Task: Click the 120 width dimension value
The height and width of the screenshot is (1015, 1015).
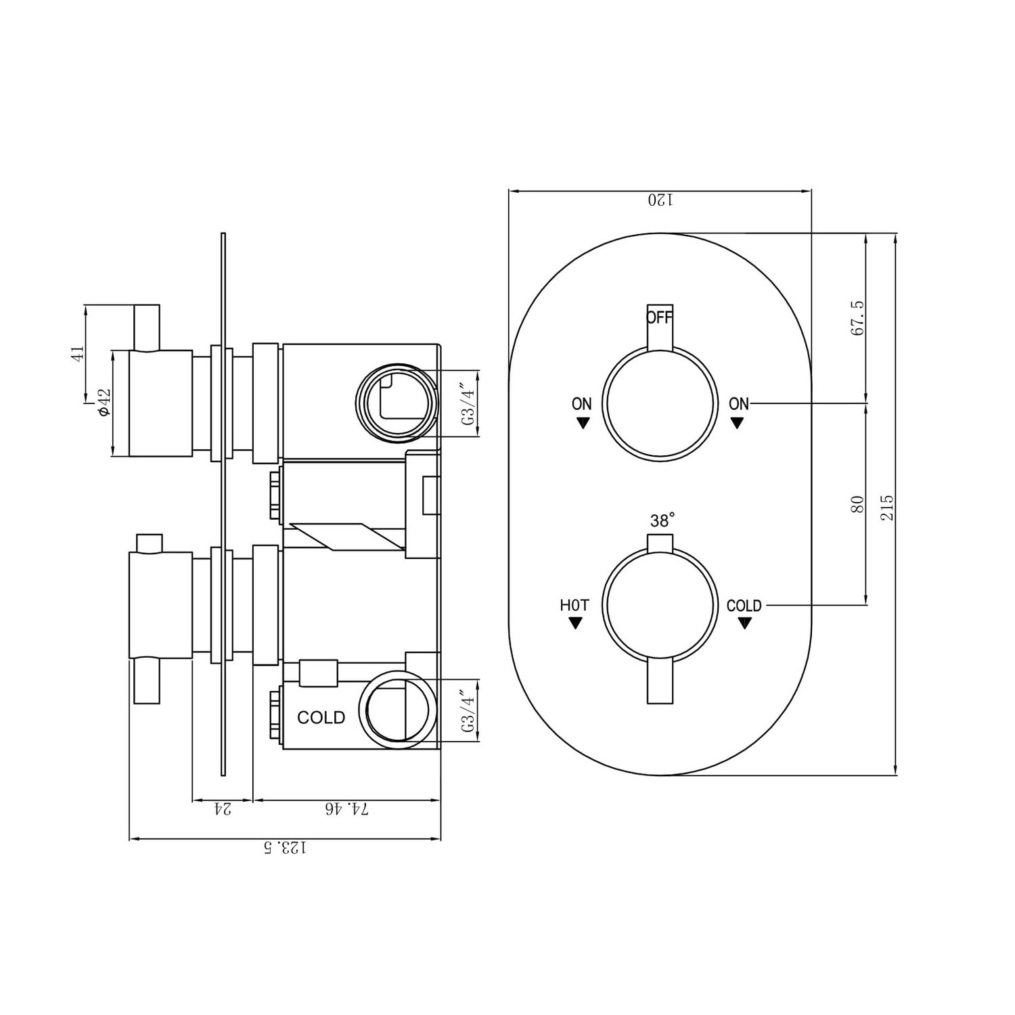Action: point(660,200)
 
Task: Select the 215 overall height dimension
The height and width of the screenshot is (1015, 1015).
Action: point(887,507)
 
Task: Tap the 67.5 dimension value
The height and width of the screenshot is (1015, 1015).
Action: point(857,319)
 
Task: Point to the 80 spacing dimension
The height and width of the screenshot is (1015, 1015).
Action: point(857,505)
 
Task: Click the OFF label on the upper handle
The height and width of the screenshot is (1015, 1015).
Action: point(660,317)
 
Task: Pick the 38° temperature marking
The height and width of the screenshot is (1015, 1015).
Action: point(662,520)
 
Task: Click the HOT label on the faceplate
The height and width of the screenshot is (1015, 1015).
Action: point(574,606)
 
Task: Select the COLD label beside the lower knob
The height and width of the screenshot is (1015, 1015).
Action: point(744,606)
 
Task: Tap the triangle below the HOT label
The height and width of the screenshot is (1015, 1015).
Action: point(575,623)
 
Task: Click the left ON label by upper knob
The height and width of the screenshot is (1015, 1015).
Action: point(582,404)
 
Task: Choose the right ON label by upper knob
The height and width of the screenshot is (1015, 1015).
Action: point(738,404)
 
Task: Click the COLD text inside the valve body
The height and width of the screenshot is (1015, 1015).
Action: point(321,717)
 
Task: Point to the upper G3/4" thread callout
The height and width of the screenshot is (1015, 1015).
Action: point(468,404)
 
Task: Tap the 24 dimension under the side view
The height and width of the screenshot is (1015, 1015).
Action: point(223,809)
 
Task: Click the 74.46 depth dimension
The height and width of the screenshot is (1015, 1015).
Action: point(346,809)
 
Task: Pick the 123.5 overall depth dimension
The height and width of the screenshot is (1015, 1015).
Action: point(285,847)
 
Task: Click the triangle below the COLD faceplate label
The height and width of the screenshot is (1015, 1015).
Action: point(745,624)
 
